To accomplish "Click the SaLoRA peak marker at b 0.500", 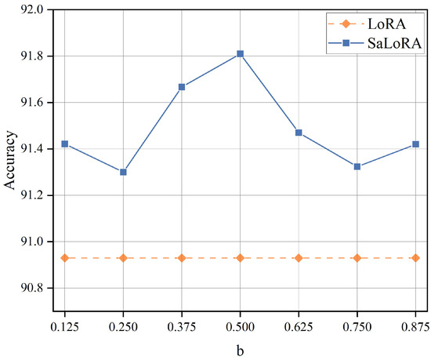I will [x=240, y=53].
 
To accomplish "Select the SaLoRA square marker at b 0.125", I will [x=64, y=144].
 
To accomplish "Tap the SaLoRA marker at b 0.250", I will [x=123, y=172].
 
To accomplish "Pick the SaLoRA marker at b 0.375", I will [x=182, y=87].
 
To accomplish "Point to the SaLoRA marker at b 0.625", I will [x=299, y=133].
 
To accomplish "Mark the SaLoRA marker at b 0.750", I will [x=357, y=166].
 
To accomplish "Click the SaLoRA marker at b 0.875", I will [x=415, y=144].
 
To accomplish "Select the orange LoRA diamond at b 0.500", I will [x=240, y=257].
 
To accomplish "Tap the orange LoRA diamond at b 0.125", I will [x=64, y=257].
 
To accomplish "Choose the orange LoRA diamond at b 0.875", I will [x=415, y=257].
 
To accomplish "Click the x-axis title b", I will [x=240, y=351].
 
